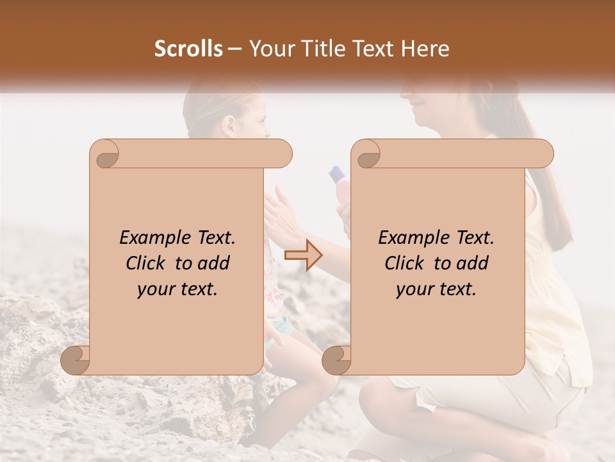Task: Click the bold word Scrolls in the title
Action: point(188,49)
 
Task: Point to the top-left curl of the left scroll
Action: point(104,154)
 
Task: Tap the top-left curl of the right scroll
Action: point(366,154)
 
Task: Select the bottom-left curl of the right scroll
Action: point(337,360)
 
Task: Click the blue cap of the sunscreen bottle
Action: point(338,173)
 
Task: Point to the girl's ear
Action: point(229,125)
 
